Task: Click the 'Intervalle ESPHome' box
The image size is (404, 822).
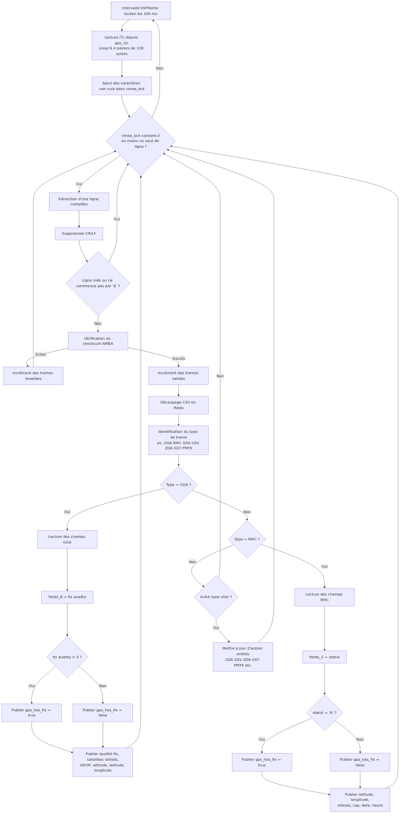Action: (141, 11)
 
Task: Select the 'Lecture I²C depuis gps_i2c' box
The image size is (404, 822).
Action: (122, 45)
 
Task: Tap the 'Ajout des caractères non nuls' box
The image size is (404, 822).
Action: (122, 86)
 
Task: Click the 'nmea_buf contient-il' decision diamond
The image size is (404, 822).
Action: (141, 141)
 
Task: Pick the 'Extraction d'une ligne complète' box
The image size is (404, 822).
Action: (79, 201)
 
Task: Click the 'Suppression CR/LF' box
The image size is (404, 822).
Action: (79, 234)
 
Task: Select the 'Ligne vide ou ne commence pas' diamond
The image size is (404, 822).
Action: (98, 283)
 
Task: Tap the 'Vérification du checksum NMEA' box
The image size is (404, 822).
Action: (98, 341)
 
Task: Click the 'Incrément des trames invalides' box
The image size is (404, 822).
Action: (33, 376)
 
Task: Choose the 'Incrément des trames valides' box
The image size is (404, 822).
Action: (178, 376)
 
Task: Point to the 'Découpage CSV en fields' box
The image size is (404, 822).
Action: (178, 405)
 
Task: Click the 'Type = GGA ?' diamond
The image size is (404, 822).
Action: (178, 485)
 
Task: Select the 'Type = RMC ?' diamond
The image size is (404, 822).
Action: (247, 539)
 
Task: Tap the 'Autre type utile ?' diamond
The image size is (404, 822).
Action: (216, 597)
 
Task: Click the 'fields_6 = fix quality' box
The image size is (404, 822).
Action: (67, 597)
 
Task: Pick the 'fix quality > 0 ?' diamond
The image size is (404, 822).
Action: (67, 657)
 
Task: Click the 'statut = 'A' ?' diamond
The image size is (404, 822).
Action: (324, 713)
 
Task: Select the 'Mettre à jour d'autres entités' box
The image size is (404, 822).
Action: (243, 657)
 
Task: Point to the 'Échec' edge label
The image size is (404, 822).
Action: (41, 354)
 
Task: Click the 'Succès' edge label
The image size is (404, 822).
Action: (178, 358)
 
